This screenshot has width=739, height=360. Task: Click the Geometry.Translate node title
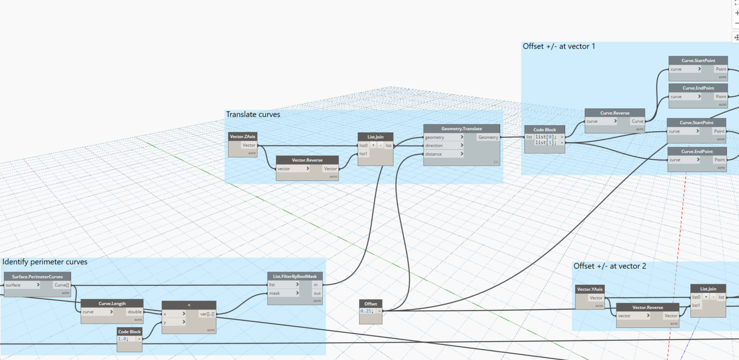(x=461, y=128)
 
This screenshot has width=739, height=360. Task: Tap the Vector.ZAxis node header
(x=242, y=137)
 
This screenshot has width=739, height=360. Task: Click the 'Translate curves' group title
(x=253, y=115)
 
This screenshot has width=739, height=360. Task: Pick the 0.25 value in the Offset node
(x=366, y=311)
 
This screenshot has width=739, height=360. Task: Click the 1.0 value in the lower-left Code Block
(x=123, y=339)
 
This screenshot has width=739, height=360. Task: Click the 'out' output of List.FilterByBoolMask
(x=317, y=293)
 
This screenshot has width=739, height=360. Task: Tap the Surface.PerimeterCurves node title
(x=37, y=277)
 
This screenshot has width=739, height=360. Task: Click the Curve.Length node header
(x=112, y=303)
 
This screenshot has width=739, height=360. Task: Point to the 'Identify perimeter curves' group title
(x=45, y=262)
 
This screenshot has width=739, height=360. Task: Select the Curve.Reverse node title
(x=614, y=113)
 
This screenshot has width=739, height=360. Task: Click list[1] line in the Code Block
(x=545, y=143)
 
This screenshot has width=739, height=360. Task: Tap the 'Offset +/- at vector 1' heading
(x=559, y=46)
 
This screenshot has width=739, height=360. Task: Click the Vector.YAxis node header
(x=590, y=289)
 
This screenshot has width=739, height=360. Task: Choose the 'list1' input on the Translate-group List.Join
(x=364, y=154)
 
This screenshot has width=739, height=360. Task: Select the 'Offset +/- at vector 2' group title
(x=610, y=266)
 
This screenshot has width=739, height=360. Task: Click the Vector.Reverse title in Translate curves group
(x=307, y=160)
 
